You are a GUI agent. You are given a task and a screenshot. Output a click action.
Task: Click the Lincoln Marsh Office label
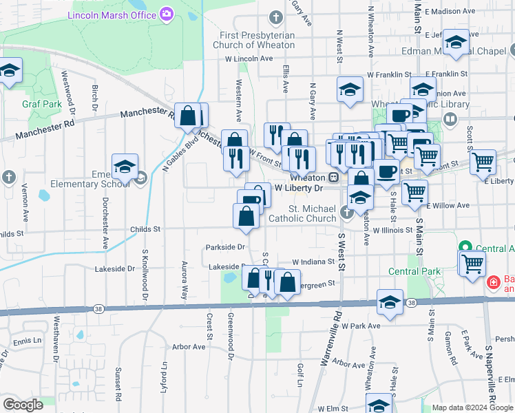112,14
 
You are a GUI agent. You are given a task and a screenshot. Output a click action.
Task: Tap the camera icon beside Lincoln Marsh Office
166,13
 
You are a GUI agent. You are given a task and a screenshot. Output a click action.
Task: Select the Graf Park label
33,105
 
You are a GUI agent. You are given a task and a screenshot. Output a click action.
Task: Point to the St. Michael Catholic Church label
312,213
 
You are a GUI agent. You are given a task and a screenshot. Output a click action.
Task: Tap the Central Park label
414,271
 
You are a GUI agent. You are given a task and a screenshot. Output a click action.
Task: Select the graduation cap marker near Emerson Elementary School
125,167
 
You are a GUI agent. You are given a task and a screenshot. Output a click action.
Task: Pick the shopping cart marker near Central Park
472,263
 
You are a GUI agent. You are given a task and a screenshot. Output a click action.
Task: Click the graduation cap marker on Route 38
390,302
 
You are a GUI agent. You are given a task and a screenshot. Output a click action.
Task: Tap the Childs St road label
145,229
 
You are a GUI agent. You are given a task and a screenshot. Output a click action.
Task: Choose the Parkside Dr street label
226,247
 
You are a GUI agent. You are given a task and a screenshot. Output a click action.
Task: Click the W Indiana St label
313,262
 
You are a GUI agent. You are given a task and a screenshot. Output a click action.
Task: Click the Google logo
23,405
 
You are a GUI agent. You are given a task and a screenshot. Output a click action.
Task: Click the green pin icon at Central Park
465,248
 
